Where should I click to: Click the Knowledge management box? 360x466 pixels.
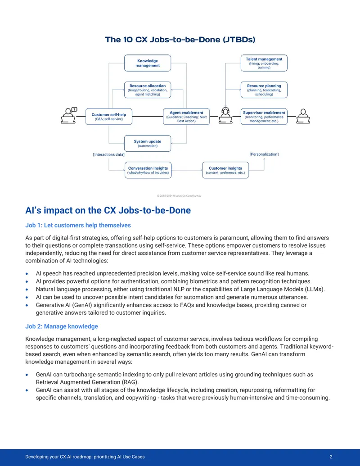click(148, 63)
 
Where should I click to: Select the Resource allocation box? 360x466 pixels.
click(148, 90)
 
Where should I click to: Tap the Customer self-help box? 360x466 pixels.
click(109, 117)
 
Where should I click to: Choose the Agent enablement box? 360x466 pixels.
click(186, 117)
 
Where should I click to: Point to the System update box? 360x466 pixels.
click(148, 143)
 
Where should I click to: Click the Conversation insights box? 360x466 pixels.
click(148, 170)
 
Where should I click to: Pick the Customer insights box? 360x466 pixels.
click(225, 170)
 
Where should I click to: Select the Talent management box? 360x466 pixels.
click(264, 63)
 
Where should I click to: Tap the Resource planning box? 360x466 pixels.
click(264, 90)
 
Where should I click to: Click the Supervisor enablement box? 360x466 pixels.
click(264, 117)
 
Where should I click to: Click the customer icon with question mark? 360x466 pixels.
click(69, 115)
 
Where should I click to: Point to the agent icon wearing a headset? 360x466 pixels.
click(225, 115)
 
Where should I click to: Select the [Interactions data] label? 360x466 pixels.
click(109, 154)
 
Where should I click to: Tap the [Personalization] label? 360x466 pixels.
click(264, 154)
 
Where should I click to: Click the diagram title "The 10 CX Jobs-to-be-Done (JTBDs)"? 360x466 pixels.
click(180, 40)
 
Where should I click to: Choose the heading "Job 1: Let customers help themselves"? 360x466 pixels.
click(78, 225)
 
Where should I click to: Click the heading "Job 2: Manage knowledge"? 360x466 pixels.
click(62, 326)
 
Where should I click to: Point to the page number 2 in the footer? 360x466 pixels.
click(331, 457)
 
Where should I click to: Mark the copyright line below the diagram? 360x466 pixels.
click(179, 196)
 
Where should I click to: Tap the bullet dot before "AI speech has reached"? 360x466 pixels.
click(27, 274)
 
